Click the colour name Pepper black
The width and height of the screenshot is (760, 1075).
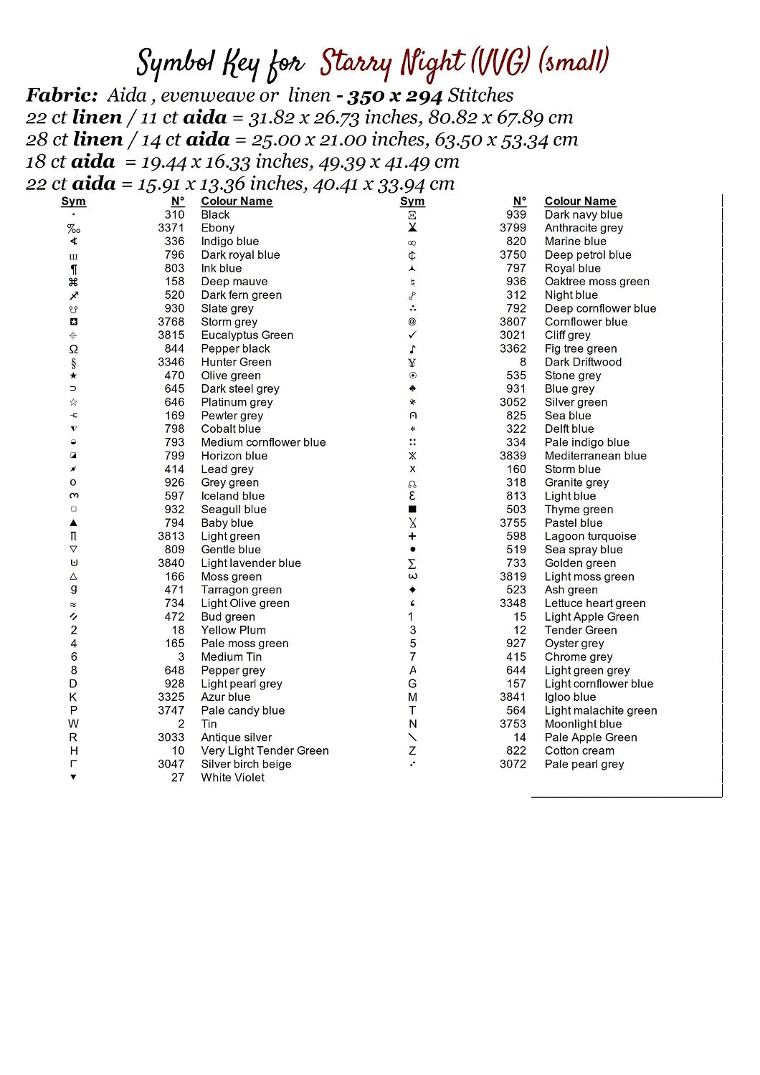pyautogui.click(x=235, y=348)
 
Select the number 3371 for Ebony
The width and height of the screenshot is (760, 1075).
pyautogui.click(x=171, y=228)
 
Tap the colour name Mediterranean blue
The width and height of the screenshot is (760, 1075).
pyautogui.click(x=595, y=456)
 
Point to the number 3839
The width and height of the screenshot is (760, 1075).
pyautogui.click(x=513, y=456)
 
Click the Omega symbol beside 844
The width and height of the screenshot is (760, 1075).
pyautogui.click(x=73, y=349)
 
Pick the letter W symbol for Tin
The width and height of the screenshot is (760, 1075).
pyautogui.click(x=73, y=724)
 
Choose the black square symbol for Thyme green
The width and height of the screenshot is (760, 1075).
pyautogui.click(x=412, y=510)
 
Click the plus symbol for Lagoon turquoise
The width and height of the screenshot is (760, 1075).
pyautogui.click(x=412, y=536)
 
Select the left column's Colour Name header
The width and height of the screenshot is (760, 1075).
pyautogui.click(x=237, y=201)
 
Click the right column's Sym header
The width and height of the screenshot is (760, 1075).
pyautogui.click(x=412, y=201)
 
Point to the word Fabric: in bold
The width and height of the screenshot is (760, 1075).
pyautogui.click(x=62, y=95)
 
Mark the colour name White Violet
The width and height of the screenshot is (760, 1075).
pyautogui.click(x=232, y=778)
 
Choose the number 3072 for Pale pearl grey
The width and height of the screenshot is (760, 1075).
pyautogui.click(x=513, y=764)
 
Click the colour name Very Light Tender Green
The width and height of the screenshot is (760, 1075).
pyautogui.click(x=265, y=750)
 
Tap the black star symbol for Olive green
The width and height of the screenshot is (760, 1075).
pyautogui.click(x=73, y=376)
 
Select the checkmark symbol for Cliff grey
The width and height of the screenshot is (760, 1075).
pyautogui.click(x=412, y=335)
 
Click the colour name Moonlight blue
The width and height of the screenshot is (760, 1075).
pyautogui.click(x=583, y=724)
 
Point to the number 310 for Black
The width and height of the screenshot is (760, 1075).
pyautogui.click(x=174, y=214)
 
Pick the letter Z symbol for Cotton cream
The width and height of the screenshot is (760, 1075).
pyautogui.click(x=412, y=751)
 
